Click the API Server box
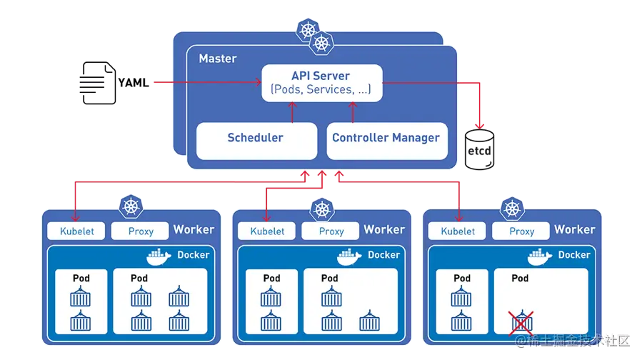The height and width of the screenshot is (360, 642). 321,82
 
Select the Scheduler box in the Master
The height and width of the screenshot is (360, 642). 256,138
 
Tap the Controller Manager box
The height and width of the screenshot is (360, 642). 386,138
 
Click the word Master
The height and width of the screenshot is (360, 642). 218,59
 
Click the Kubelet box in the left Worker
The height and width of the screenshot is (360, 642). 76,231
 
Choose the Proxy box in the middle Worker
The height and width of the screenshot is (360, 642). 331,231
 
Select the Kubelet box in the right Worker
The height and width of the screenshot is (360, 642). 458,231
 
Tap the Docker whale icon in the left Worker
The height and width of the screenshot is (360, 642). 158,256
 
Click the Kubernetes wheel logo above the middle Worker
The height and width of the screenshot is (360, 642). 322,210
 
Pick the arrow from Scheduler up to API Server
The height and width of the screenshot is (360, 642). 291,111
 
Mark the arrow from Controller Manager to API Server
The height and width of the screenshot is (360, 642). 353,111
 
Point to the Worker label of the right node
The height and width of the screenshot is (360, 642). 574,229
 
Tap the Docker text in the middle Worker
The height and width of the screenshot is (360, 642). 384,255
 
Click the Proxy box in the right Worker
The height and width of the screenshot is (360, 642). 521,231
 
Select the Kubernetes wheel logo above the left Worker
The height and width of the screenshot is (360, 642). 131,208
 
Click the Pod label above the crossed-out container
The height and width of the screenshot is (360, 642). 520,278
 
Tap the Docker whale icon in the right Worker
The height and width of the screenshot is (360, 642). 540,256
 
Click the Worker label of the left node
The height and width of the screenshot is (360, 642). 194,229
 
